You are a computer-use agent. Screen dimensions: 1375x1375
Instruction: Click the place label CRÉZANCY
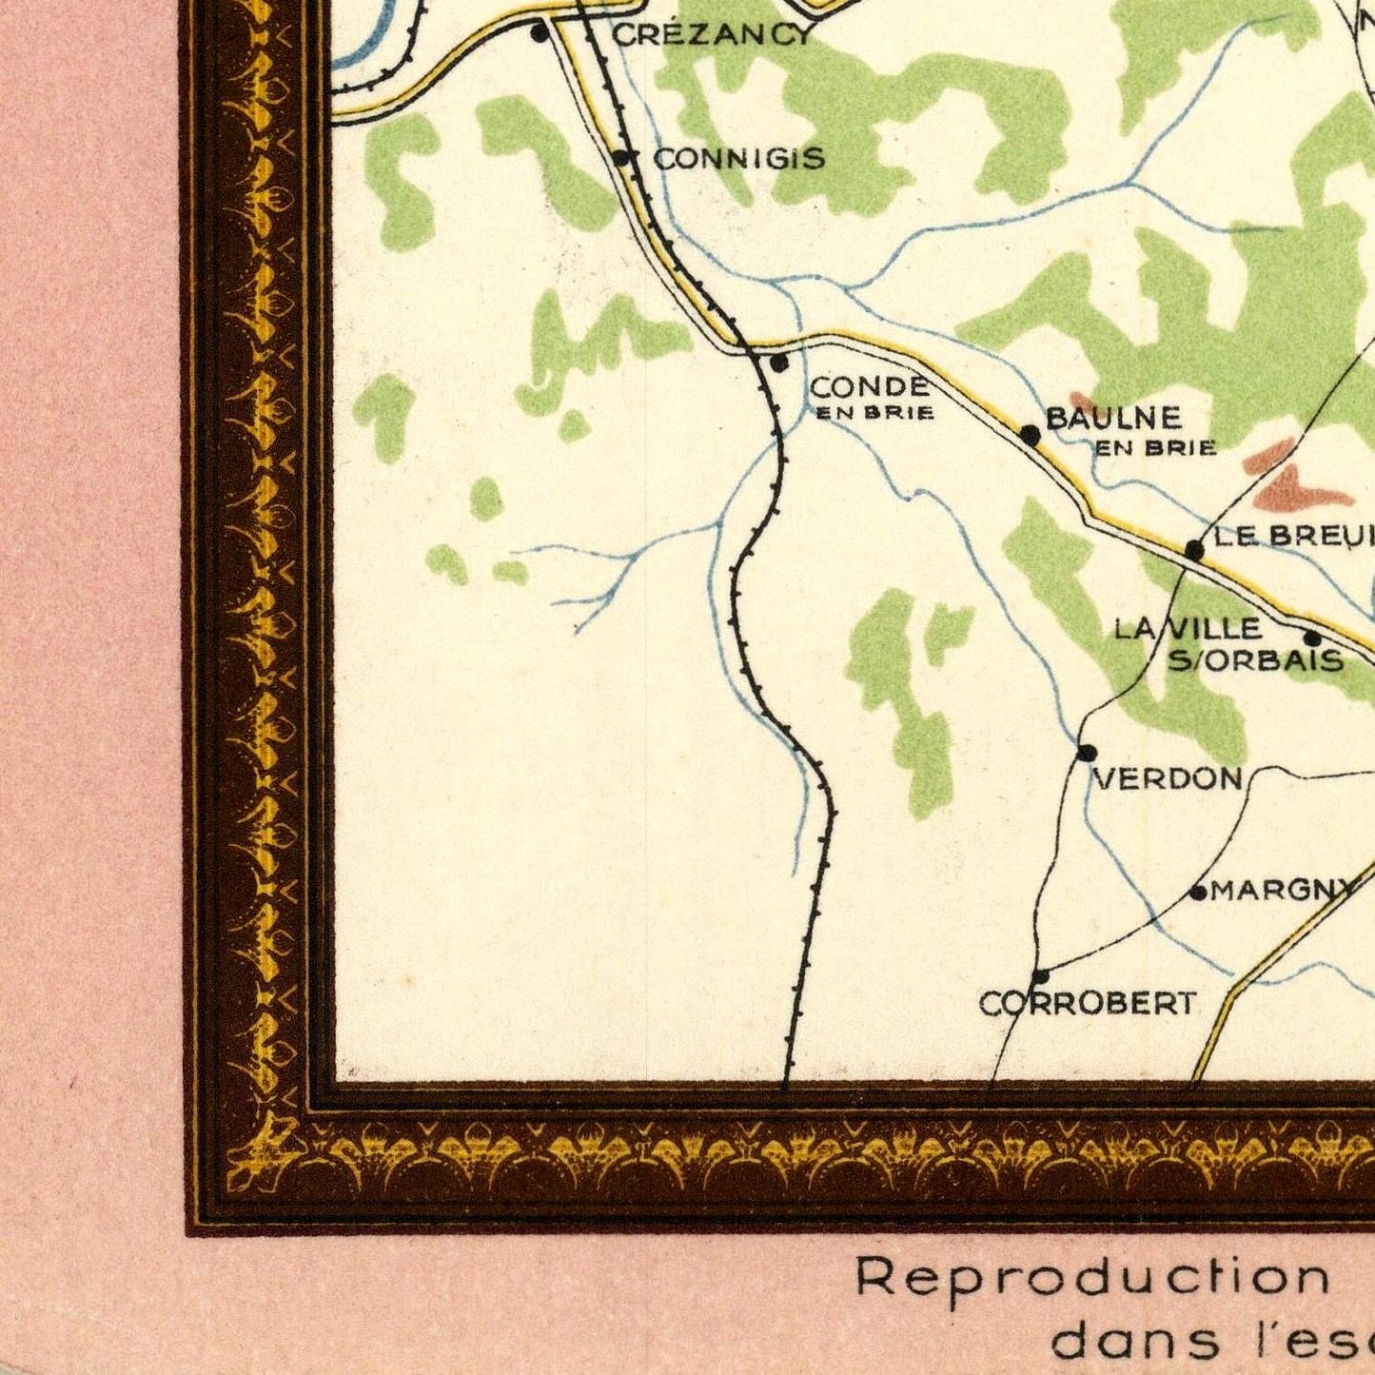click(713, 35)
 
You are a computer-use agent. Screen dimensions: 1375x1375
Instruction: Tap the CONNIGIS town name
click(738, 158)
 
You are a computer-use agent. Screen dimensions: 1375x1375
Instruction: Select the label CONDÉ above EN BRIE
click(870, 386)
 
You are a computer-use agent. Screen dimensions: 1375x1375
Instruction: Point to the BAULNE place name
click(1113, 418)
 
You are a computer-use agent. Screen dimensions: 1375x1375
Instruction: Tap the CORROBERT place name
click(1088, 1003)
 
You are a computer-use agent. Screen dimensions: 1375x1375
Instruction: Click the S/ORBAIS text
click(1255, 660)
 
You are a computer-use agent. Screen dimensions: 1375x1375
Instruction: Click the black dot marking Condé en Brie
click(779, 363)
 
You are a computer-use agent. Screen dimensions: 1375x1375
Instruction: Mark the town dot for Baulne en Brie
click(1030, 435)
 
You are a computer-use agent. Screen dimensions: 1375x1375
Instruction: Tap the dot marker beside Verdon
click(1087, 754)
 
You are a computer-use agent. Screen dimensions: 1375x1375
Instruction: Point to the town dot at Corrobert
click(1041, 976)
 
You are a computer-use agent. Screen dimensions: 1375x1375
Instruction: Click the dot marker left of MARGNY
click(1199, 893)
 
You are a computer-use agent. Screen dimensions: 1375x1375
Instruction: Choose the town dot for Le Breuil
click(1194, 550)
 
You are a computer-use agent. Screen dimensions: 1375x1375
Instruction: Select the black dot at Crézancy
click(540, 34)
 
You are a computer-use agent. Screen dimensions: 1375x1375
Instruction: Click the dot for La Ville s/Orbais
click(1312, 638)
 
